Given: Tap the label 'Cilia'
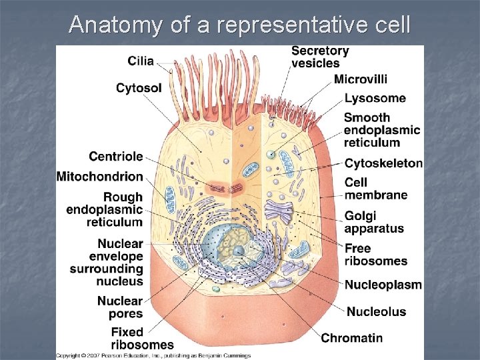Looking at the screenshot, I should point(140,61).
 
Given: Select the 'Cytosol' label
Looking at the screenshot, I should point(139,87).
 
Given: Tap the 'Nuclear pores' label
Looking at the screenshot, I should point(120,307).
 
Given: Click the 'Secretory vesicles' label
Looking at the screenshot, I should point(320,57).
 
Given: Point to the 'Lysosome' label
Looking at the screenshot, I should point(375,98).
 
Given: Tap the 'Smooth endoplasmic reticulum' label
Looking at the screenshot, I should point(382,129).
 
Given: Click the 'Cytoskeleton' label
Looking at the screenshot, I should point(383,163).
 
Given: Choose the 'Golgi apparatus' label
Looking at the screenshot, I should point(374,222).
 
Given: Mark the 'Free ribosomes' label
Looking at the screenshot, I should point(376,255).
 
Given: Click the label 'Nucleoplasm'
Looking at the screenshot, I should point(383,285).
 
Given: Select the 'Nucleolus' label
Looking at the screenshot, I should point(375,311).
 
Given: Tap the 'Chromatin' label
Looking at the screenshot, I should point(352,338).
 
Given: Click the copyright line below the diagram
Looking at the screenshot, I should point(153,355).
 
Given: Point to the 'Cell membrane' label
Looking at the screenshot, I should point(375,189).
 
